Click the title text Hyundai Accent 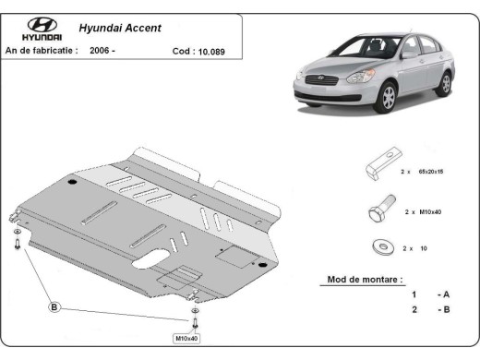tap(116, 28)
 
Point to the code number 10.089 tap(214, 53)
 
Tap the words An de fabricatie tap(42, 52)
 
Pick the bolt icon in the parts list tap(378, 211)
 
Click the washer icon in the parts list tap(379, 246)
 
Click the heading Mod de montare tap(365, 279)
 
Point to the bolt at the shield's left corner tap(18, 245)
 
